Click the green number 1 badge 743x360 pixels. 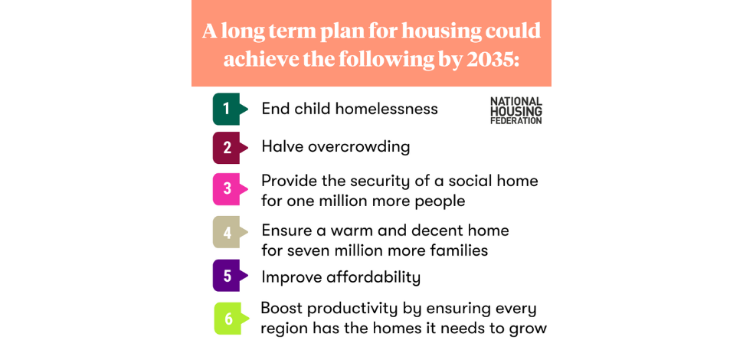click(227, 109)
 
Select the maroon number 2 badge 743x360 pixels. click(227, 147)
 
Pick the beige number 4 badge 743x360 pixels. click(227, 232)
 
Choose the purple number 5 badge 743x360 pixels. click(227, 276)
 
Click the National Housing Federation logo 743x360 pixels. click(516, 110)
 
